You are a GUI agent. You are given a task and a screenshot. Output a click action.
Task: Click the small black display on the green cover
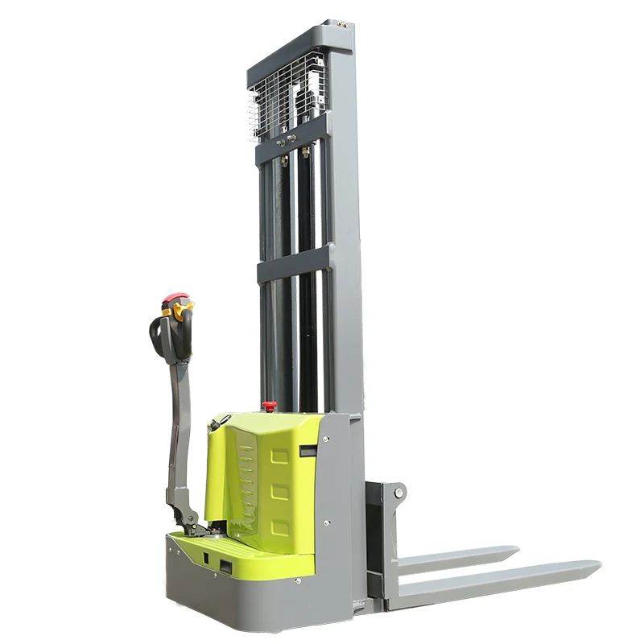(306, 452)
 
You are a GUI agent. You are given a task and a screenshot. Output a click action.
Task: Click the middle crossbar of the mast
(293, 264)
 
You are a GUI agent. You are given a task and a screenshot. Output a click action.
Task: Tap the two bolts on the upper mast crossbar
(294, 144)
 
